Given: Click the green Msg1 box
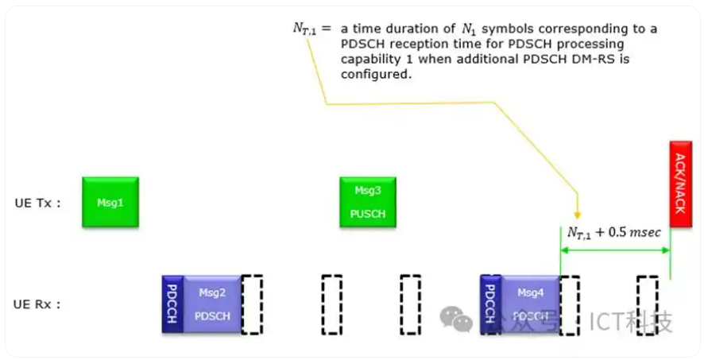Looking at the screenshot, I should click(x=110, y=202).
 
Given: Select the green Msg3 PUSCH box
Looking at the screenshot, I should click(x=368, y=202).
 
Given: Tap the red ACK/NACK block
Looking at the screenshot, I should click(x=680, y=184).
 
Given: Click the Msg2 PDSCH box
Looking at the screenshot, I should click(x=212, y=304).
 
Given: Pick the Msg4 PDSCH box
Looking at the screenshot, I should click(x=530, y=304).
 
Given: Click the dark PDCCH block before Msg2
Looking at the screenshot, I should click(x=172, y=304).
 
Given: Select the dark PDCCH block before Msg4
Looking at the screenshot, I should click(x=490, y=304).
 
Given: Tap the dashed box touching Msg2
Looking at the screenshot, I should click(x=252, y=304).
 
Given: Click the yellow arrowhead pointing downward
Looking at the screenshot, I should click(x=578, y=214).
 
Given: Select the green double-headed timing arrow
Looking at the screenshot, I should click(x=615, y=250).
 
